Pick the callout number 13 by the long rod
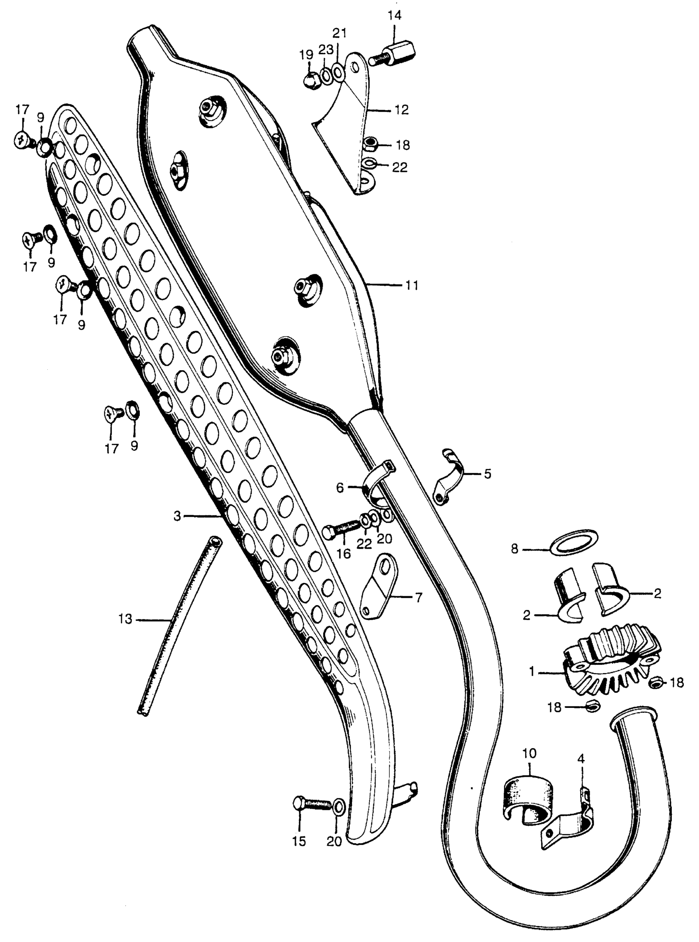click(126, 619)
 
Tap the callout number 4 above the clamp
click(581, 760)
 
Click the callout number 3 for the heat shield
click(177, 516)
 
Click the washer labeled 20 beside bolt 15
click(339, 807)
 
